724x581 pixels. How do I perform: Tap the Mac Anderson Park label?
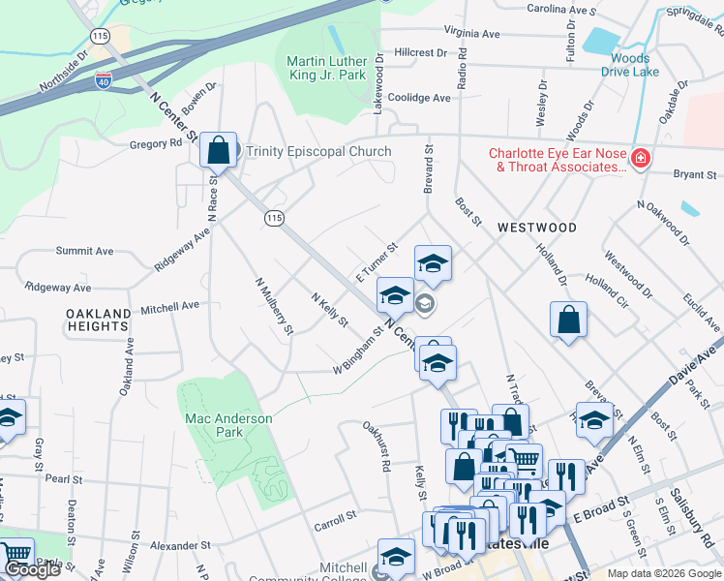(228, 425)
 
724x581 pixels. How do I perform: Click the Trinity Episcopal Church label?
(318, 151)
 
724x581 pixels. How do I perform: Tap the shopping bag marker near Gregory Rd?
(218, 151)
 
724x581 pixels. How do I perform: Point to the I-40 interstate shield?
(104, 84)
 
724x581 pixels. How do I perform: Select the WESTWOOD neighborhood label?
(536, 228)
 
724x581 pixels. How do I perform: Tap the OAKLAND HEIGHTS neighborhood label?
(99, 321)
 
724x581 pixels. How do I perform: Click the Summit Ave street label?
(84, 250)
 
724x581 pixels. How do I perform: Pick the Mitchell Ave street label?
(169, 305)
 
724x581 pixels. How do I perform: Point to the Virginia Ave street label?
(469, 33)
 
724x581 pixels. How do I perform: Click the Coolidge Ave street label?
(419, 98)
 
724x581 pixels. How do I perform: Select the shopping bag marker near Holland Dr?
(568, 321)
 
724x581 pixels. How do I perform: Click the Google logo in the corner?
(32, 569)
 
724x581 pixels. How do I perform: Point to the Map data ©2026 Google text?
(663, 573)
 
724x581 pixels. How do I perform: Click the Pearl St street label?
(62, 478)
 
